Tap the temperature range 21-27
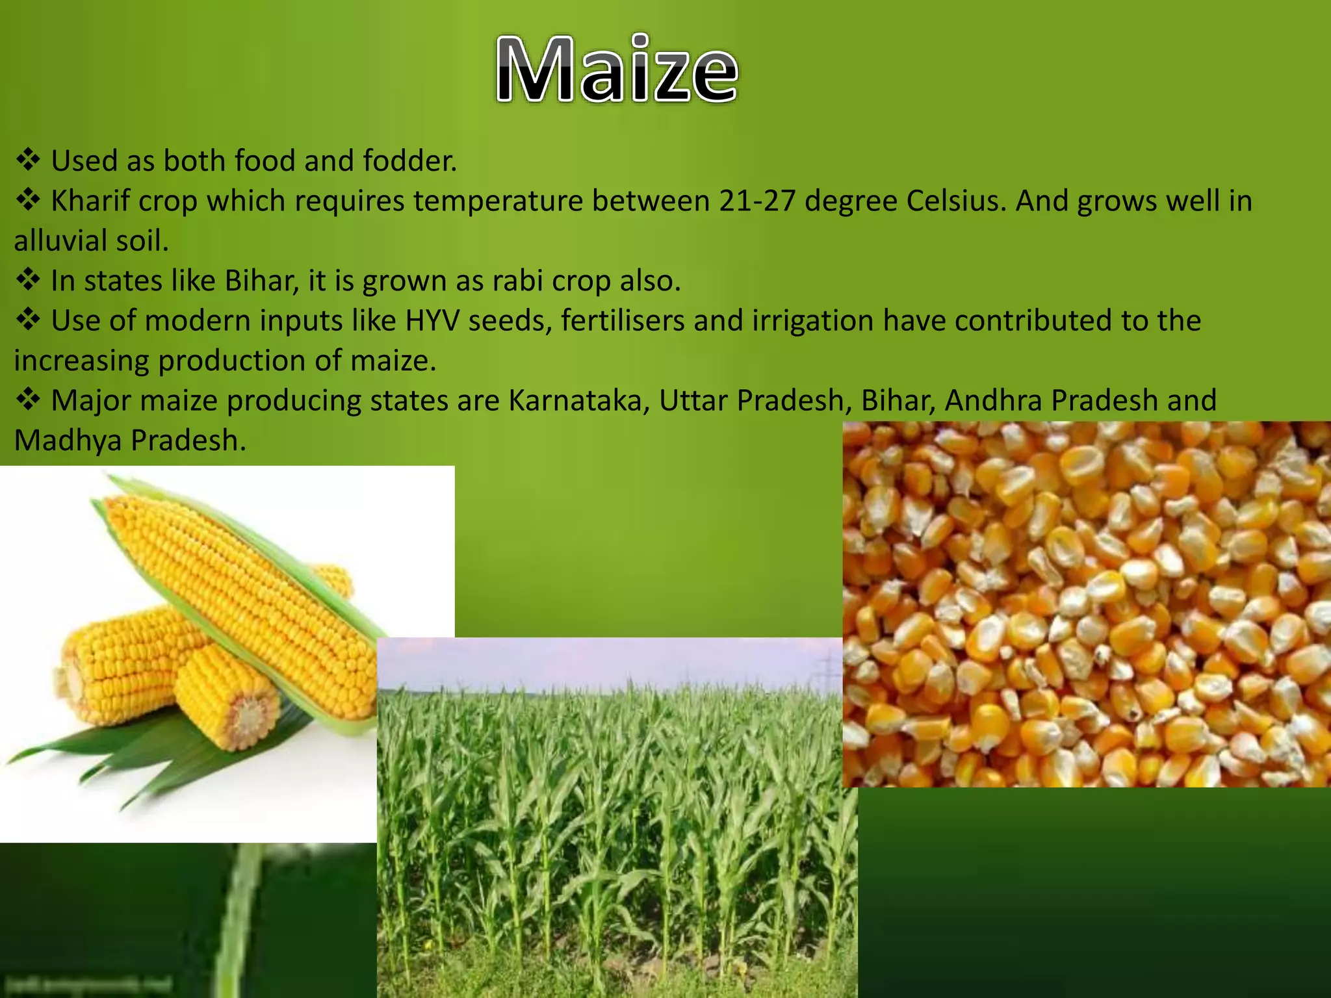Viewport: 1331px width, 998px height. click(x=757, y=201)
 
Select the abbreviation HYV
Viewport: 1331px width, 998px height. click(x=432, y=321)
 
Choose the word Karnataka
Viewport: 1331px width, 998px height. click(x=578, y=401)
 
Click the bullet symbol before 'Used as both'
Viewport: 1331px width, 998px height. click(x=28, y=160)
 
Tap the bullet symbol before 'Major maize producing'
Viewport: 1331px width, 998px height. click(x=28, y=400)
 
